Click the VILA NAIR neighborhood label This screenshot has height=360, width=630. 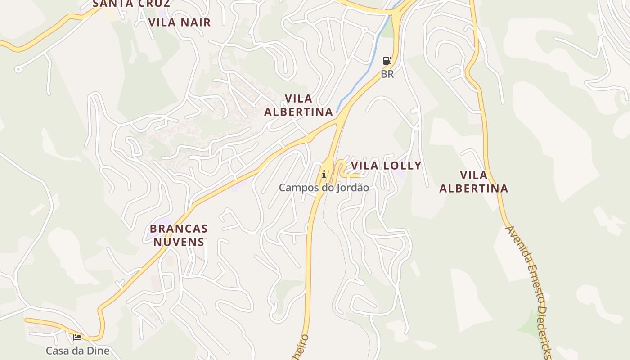pyautogui.click(x=179, y=22)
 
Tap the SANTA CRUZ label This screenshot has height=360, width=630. pyautogui.click(x=131, y=4)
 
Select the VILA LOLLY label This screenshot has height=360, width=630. pyautogui.click(x=386, y=166)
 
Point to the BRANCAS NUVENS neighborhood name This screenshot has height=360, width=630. pyautogui.click(x=179, y=235)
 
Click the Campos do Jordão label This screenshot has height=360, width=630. pyautogui.click(x=324, y=188)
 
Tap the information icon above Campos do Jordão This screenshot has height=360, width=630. pyautogui.click(x=324, y=174)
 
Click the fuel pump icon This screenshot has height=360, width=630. pyautogui.click(x=387, y=61)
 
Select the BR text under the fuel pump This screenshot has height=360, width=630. pyautogui.click(x=387, y=74)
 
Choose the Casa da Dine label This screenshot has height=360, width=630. pyautogui.click(x=77, y=351)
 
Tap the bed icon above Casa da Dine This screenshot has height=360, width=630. pyautogui.click(x=77, y=337)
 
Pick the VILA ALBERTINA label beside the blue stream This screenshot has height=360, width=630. pyautogui.click(x=298, y=105)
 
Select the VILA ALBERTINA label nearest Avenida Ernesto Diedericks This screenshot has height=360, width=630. pyautogui.click(x=473, y=182)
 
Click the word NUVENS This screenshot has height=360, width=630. pyautogui.click(x=179, y=242)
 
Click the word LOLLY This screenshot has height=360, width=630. pyautogui.click(x=402, y=166)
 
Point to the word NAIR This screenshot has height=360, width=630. pyautogui.click(x=195, y=22)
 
